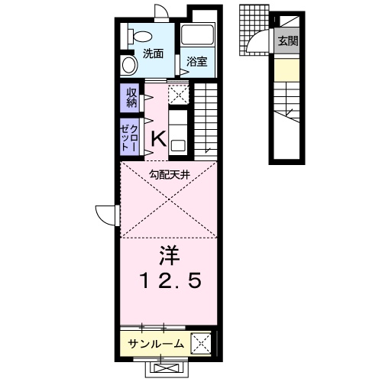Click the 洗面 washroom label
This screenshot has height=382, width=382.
point(153,53)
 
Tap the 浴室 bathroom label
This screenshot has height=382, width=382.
point(197,61)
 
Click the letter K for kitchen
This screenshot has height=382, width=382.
point(158,138)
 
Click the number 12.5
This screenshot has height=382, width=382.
point(170,282)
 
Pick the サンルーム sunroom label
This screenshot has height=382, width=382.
point(155,344)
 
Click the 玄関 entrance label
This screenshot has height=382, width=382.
point(288,41)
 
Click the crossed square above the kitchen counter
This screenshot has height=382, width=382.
point(179,94)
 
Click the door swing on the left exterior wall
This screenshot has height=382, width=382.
point(105,213)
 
